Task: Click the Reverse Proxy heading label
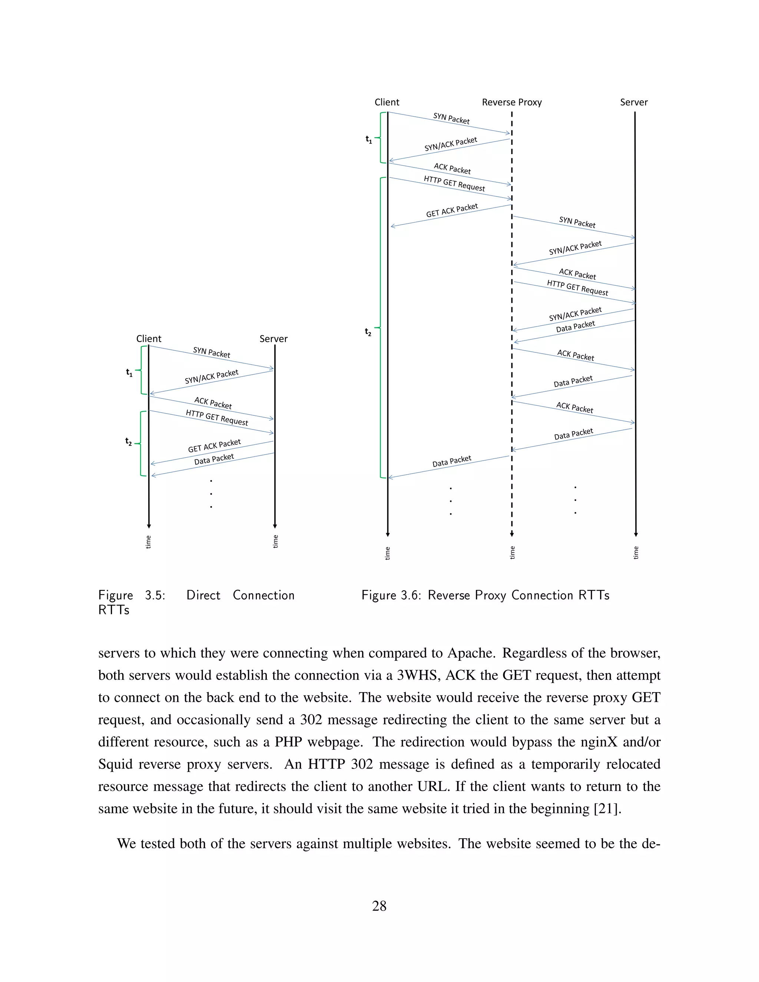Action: tap(512, 103)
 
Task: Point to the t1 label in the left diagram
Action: tap(129, 373)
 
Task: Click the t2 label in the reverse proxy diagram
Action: tap(368, 332)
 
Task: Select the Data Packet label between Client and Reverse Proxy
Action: tap(451, 461)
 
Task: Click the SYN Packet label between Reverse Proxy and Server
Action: tap(577, 222)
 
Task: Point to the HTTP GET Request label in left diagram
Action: tap(217, 417)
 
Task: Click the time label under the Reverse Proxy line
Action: tap(512, 553)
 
